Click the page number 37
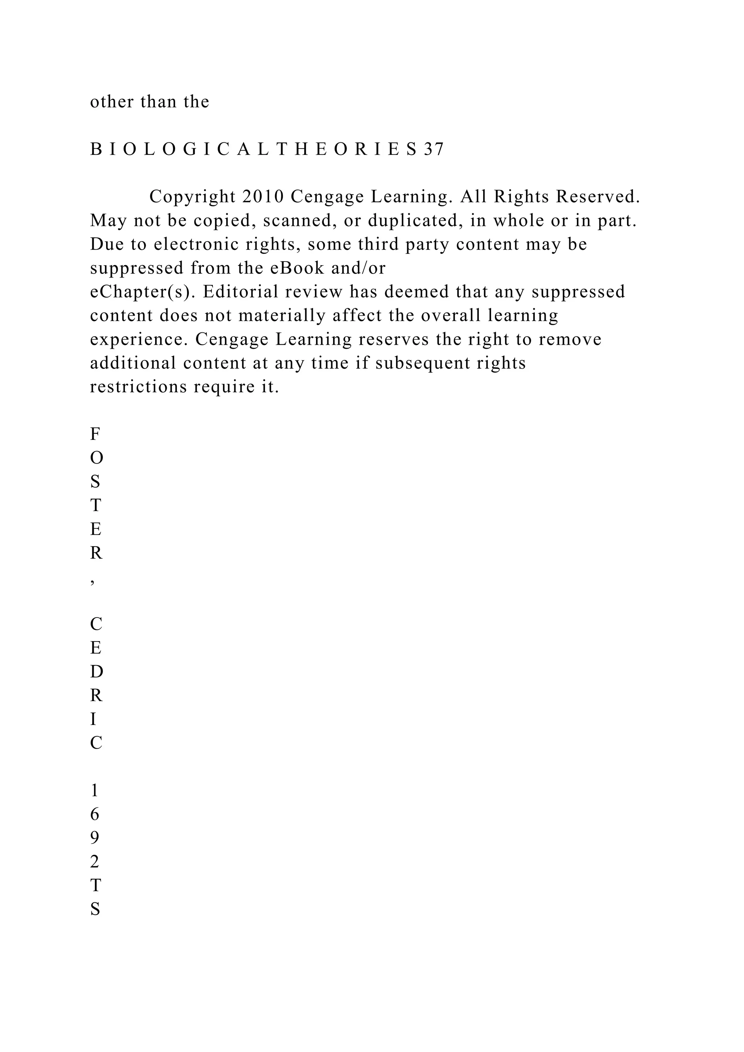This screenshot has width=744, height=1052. coord(433,150)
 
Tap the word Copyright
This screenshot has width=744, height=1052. coord(193,197)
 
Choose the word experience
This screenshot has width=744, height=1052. coord(139,340)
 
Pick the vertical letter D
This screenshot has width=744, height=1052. coord(96,672)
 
